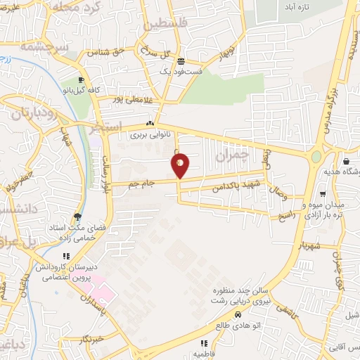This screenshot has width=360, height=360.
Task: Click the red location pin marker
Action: tap(180, 164)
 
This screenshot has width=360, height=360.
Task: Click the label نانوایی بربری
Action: tap(149, 134)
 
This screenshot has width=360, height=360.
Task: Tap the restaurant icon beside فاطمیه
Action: tap(204, 343)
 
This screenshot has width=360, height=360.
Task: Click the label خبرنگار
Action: tap(93, 338)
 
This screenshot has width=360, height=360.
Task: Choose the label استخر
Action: tap(107, 126)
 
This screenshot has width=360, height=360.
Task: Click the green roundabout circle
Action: tap(316, 156)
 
